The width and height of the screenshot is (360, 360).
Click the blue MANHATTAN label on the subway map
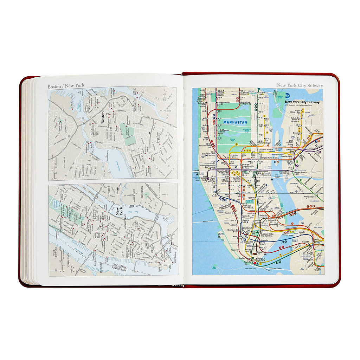coord(235,122)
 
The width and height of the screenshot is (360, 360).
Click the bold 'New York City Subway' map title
coord(302,102)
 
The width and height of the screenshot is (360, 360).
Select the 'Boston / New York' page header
coord(66,86)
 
